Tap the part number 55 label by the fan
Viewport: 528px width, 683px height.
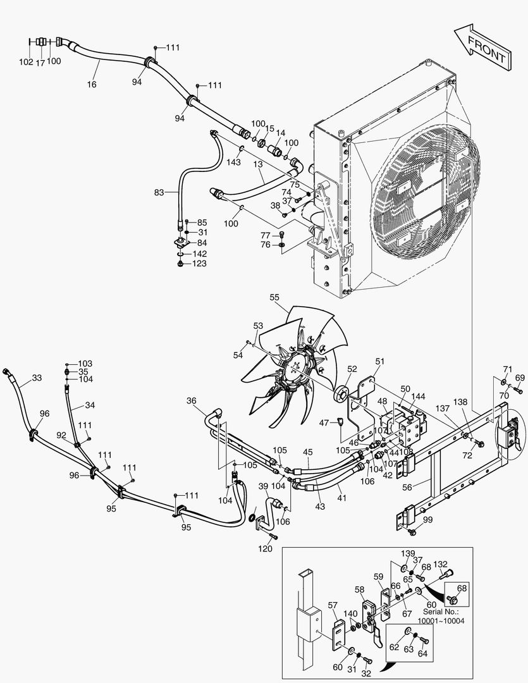click(x=274, y=297)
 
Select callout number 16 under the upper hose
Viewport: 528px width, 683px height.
click(x=92, y=84)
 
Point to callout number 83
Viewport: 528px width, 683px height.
click(x=160, y=192)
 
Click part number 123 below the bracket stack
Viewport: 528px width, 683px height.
click(x=199, y=264)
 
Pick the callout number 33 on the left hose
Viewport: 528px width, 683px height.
click(x=37, y=378)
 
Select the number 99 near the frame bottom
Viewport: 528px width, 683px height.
click(x=428, y=520)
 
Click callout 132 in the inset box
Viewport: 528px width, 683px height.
click(x=441, y=564)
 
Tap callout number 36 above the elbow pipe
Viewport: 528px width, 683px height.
click(x=192, y=400)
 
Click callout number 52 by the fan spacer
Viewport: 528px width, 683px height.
click(x=352, y=369)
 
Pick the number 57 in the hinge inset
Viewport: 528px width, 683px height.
click(x=333, y=606)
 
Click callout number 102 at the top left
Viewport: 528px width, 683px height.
click(x=26, y=63)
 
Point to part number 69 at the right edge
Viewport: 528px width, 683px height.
click(x=520, y=378)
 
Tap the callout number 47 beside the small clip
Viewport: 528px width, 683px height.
click(x=324, y=422)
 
